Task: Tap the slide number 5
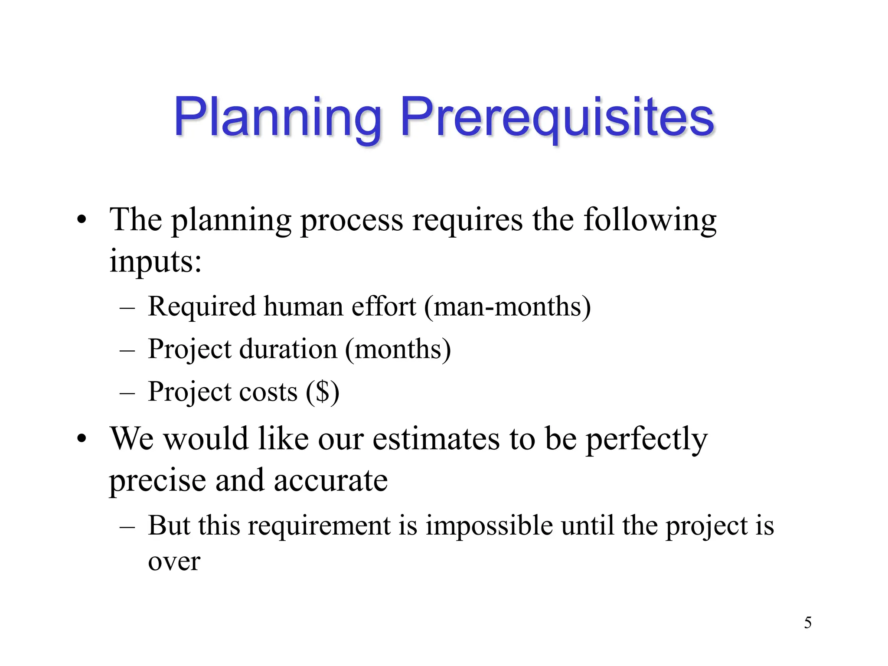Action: [807, 623]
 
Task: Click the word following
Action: [650, 220]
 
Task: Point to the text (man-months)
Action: [507, 307]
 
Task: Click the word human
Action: [303, 307]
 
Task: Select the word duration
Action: [288, 349]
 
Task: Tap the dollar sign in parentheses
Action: [323, 392]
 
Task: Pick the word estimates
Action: [436, 439]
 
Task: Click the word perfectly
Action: [646, 439]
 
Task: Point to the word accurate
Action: [330, 480]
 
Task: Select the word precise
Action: [157, 480]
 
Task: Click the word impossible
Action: [489, 526]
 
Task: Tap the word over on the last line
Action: [174, 562]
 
